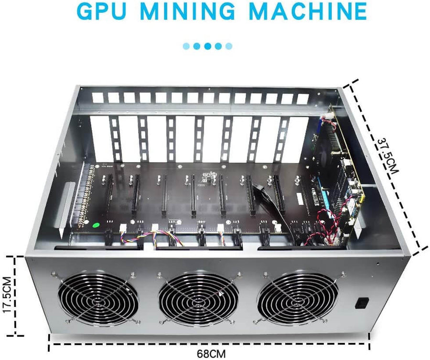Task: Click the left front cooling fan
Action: point(98,299)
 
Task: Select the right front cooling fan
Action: point(297,299)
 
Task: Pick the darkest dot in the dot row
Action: point(208,46)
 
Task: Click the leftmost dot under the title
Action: point(186,46)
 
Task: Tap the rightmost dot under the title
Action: point(229,46)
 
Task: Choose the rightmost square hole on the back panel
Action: point(302,99)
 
